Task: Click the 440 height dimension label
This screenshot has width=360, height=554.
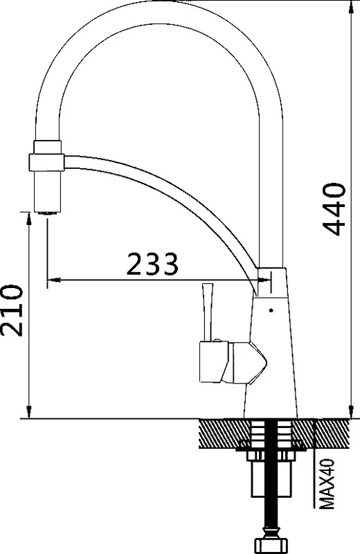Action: [334, 209]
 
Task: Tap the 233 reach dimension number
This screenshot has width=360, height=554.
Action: [152, 264]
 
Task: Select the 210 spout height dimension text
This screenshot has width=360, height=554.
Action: [12, 310]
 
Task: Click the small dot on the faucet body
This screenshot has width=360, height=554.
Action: [271, 310]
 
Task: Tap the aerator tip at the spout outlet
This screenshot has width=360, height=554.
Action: [47, 213]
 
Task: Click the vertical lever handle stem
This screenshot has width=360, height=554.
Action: [207, 312]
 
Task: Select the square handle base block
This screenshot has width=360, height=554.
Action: [212, 362]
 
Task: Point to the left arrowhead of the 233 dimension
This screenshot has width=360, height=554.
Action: [53, 280]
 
